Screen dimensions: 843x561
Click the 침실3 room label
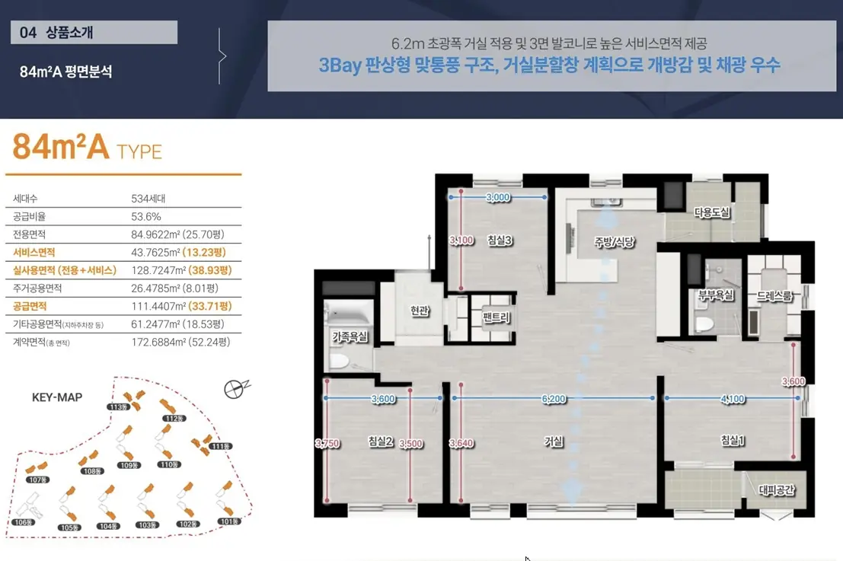tap(500, 241)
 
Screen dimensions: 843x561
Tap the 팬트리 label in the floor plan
tap(496, 317)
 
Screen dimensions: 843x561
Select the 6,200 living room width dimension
tap(554, 399)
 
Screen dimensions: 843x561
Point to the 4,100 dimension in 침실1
tap(733, 399)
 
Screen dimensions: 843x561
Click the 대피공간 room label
tap(776, 489)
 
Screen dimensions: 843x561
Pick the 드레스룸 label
tap(774, 295)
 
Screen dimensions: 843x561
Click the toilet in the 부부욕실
tap(704, 324)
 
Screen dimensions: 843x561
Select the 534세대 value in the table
tap(148, 199)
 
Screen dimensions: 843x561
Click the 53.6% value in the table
tap(146, 216)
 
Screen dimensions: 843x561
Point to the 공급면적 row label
tap(30, 306)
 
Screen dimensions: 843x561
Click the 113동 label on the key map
tap(118, 406)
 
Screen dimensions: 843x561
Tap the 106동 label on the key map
tap(24, 521)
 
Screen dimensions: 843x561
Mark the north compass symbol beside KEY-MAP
tap(235, 388)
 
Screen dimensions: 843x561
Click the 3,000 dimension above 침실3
tap(498, 197)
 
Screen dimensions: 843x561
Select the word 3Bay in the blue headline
tap(340, 65)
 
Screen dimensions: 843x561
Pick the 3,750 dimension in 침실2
tap(327, 443)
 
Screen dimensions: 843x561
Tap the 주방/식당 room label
tap(615, 242)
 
